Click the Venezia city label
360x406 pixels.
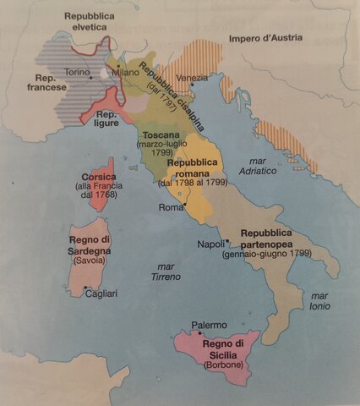[193, 79]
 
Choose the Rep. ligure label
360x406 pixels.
[106, 118]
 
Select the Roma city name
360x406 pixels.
[172, 207]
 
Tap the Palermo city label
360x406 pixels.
[209, 325]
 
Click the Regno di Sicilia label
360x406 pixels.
[223, 348]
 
